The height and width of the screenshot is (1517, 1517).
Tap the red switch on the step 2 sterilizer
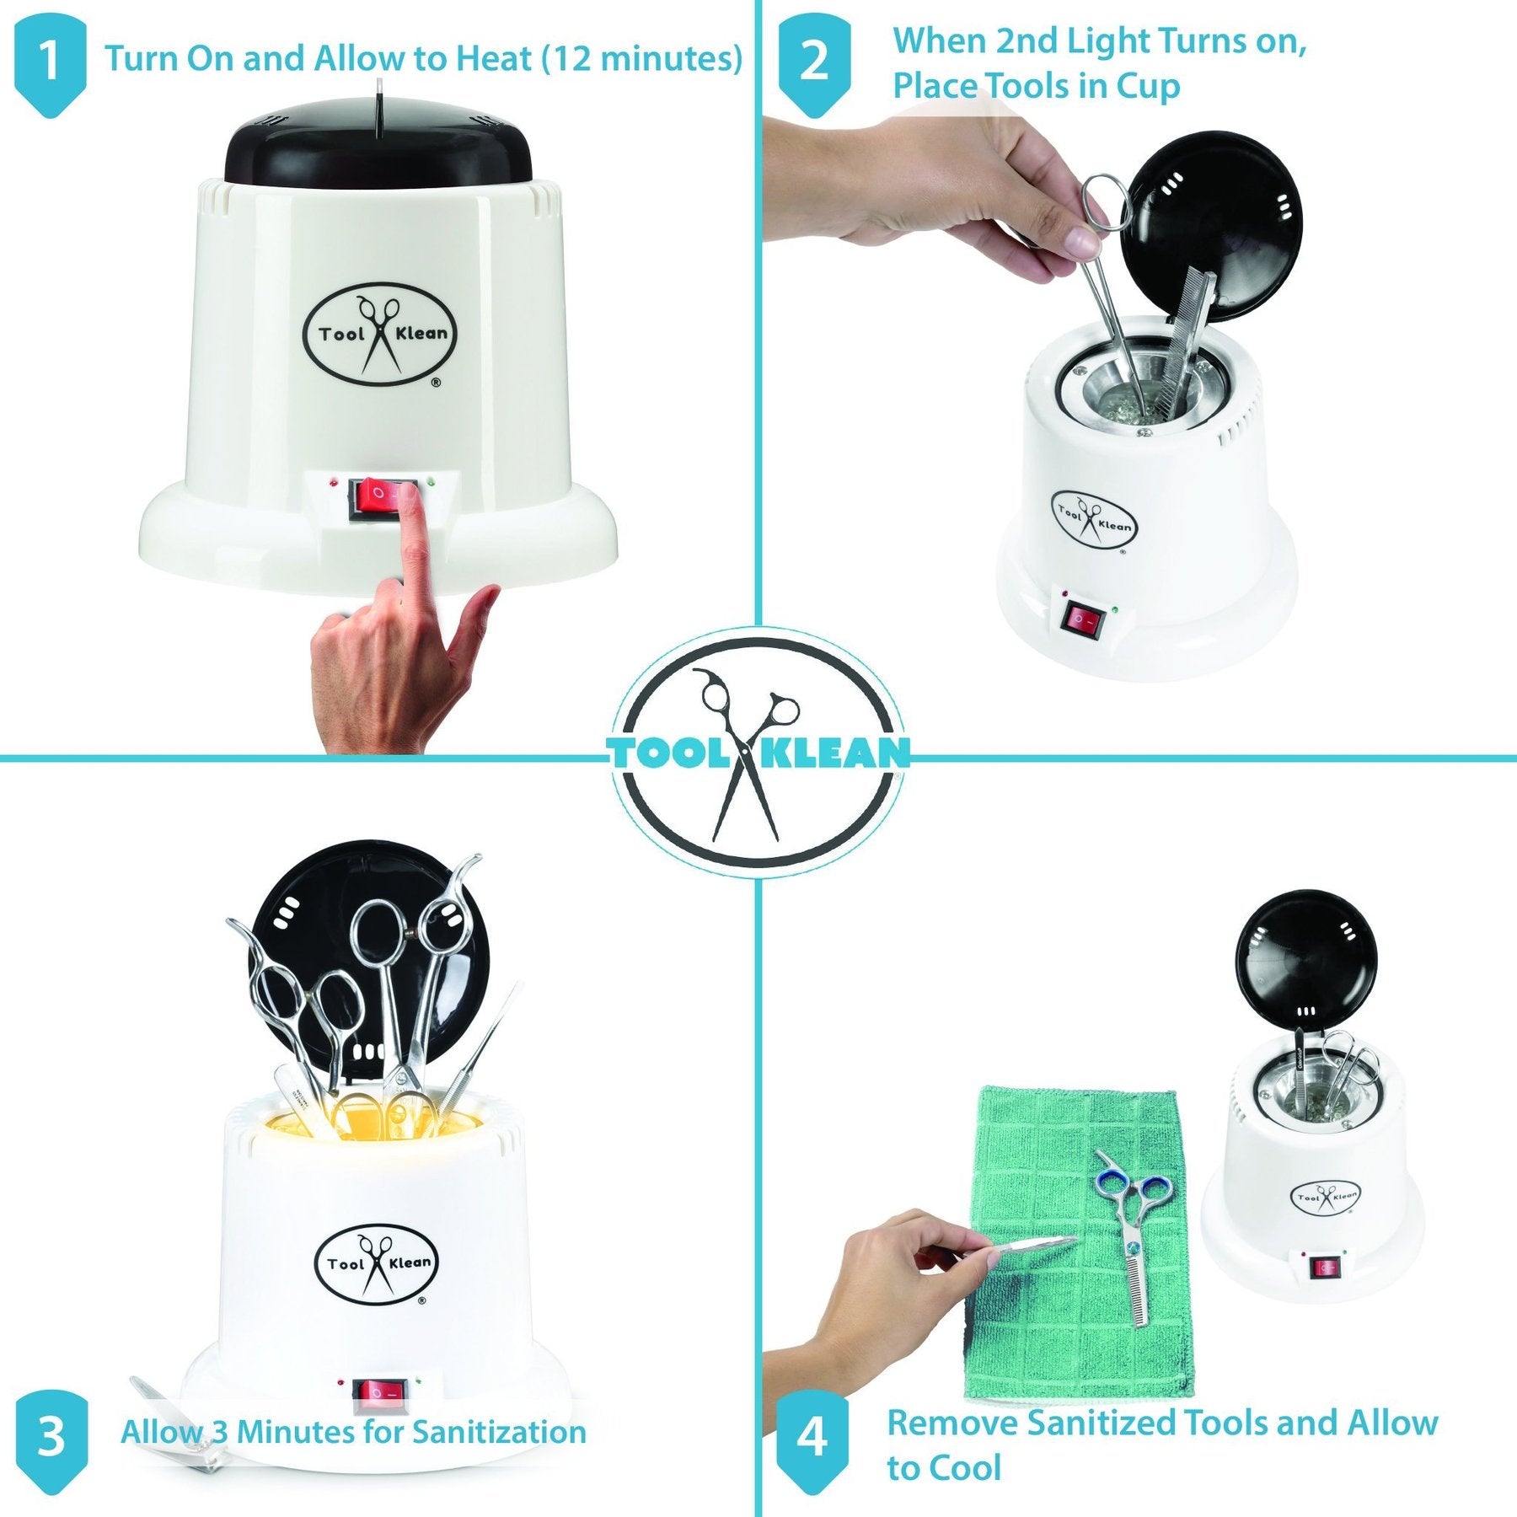tap(1083, 621)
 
